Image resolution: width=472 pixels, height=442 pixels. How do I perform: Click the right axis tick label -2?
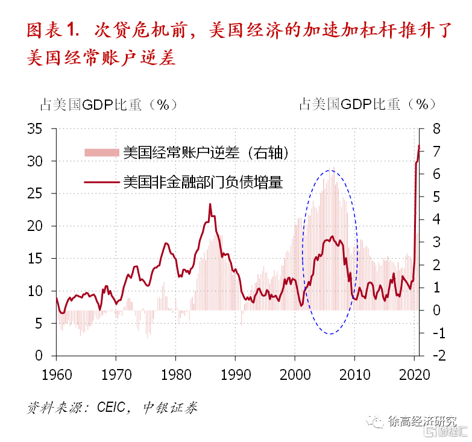[435, 356]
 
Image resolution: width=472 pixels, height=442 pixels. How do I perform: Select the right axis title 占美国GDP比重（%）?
[368, 104]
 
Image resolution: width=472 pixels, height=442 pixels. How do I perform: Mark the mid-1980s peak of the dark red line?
[210, 204]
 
